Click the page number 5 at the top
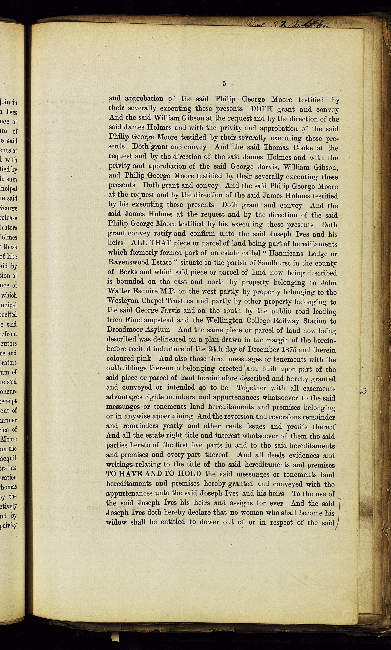[x=224, y=84]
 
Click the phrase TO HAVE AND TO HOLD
[x=154, y=474]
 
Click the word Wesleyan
[x=122, y=301]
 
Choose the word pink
[x=144, y=358]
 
